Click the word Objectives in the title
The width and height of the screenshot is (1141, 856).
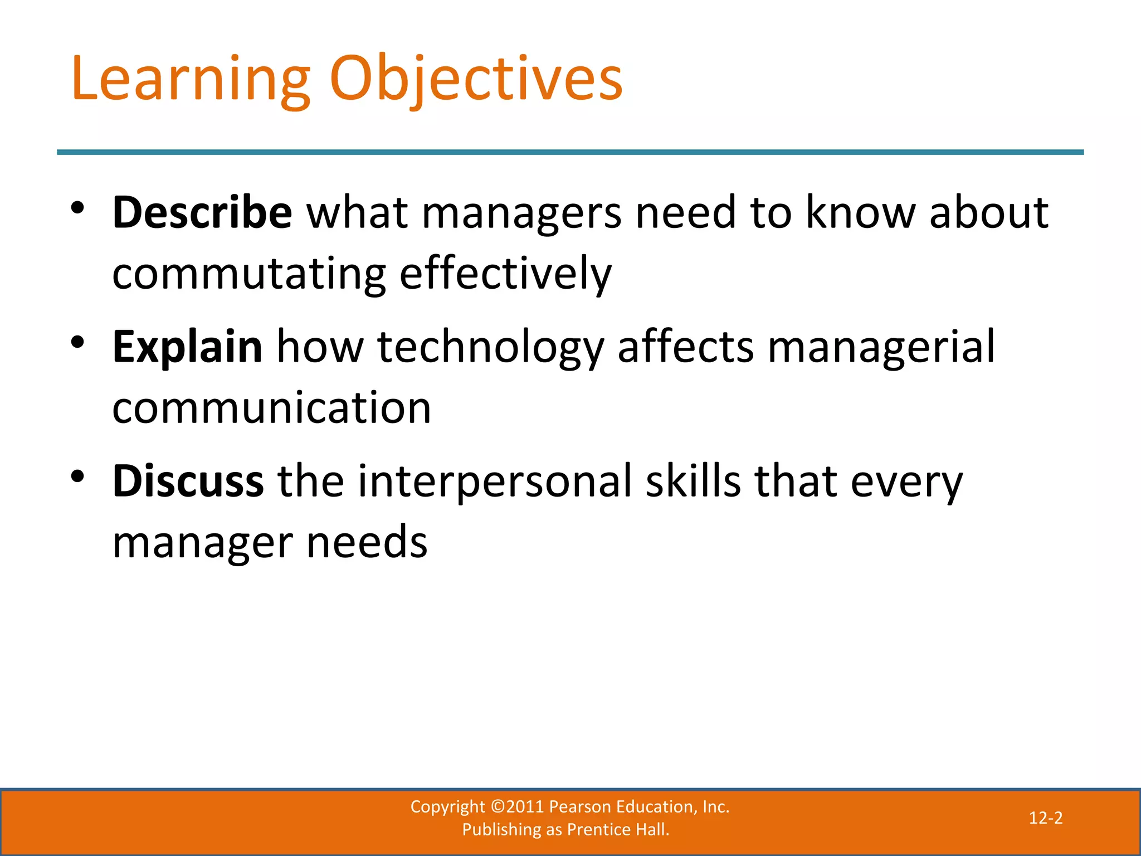click(476, 79)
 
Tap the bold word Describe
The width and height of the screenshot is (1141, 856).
click(202, 213)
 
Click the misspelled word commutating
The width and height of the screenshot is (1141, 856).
click(248, 274)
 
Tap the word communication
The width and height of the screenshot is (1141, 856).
click(271, 408)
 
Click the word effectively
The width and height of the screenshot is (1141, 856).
click(505, 274)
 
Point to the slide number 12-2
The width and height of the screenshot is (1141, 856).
click(1045, 818)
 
